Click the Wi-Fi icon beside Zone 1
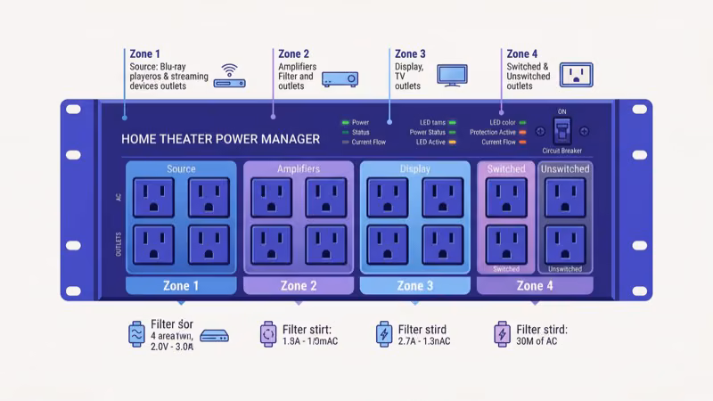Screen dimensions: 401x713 point(231,69)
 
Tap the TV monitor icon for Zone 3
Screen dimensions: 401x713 point(452,75)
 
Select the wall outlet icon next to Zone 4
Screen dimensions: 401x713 point(576,75)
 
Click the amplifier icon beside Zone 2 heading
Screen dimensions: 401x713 point(340,78)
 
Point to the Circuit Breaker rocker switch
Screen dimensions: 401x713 point(561,132)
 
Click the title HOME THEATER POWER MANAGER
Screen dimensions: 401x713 point(220,139)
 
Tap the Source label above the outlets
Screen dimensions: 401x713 point(181,168)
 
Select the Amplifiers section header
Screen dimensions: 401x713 point(299,168)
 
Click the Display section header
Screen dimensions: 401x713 point(414,168)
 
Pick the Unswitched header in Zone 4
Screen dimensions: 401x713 point(565,168)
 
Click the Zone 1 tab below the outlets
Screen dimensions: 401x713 point(181,286)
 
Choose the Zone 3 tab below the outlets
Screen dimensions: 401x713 point(414,286)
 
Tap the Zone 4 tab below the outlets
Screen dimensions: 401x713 point(535,286)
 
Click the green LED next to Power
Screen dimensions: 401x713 point(345,122)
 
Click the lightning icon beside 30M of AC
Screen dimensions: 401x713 point(501,334)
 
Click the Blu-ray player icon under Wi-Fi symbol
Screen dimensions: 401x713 point(232,84)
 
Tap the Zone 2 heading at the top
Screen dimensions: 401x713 point(294,54)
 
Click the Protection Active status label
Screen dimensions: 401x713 point(493,132)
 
